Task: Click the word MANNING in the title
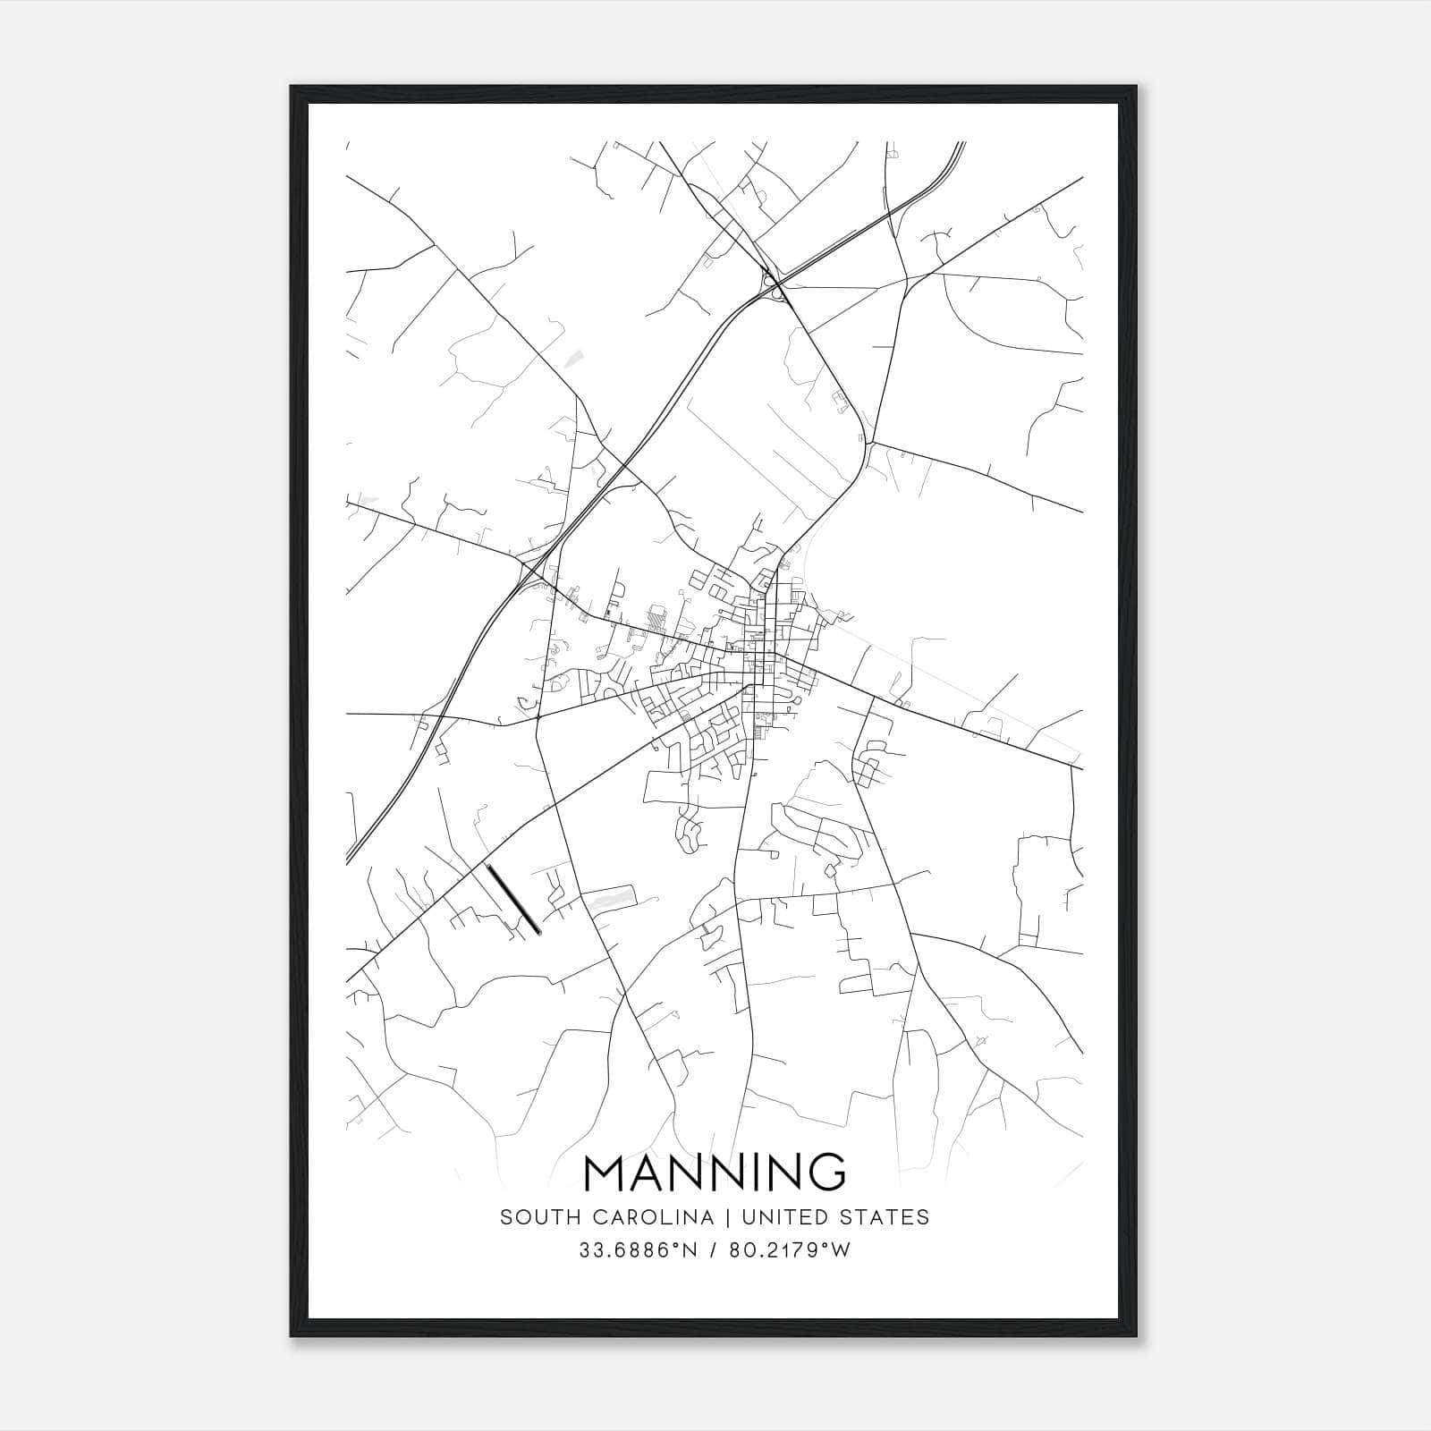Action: [x=715, y=1173]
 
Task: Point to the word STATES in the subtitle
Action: [x=888, y=1217]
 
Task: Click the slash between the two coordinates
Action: [x=713, y=1250]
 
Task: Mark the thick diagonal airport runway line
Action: [x=512, y=898]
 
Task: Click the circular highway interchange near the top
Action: [x=774, y=285]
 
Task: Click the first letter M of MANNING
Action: [x=606, y=1173]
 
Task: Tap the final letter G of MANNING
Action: [x=827, y=1173]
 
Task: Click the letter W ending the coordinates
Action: [x=840, y=1250]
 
